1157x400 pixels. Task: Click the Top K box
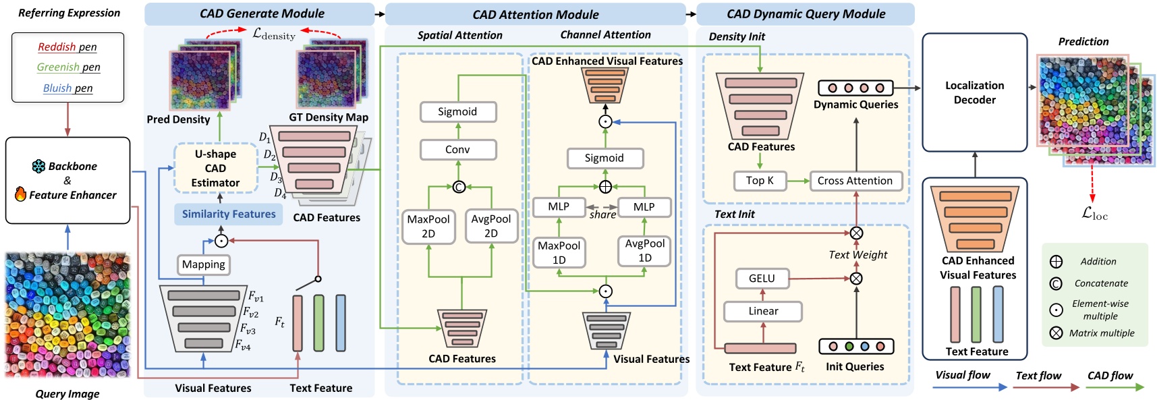[760, 181]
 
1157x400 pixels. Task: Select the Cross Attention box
[855, 181]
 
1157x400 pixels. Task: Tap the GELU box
[761, 278]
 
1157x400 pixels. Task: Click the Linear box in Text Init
[762, 311]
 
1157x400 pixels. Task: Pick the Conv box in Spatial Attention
[457, 149]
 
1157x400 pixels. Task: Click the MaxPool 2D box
[428, 226]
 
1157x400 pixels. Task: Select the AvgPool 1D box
[644, 250]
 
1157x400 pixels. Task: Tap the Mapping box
[203, 264]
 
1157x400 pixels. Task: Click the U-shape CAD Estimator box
[215, 168]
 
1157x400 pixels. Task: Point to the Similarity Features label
[229, 214]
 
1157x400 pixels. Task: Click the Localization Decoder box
[974, 92]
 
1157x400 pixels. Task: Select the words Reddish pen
[67, 47]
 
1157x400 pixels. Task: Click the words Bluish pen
[67, 88]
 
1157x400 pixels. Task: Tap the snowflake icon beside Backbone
[38, 166]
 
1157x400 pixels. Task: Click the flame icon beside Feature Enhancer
[20, 194]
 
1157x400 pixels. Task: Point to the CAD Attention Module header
[535, 14]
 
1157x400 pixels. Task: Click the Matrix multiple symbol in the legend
[1056, 333]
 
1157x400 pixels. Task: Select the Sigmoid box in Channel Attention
[604, 158]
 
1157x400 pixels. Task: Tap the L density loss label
[273, 33]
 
